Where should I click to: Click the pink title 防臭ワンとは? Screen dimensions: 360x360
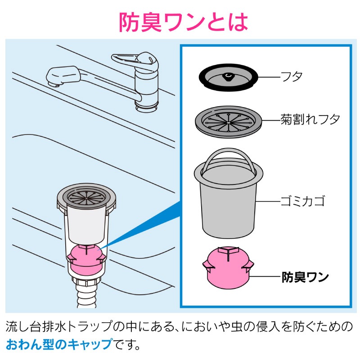click(183, 22)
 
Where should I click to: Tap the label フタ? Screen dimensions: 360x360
click(292, 76)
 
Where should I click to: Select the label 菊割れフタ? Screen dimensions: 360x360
click(310, 119)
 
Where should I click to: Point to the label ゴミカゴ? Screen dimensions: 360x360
click(303, 201)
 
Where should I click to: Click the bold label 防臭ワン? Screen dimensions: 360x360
click(305, 277)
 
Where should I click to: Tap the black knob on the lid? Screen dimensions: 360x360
click(228, 76)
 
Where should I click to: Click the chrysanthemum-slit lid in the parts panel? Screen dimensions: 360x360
click(228, 121)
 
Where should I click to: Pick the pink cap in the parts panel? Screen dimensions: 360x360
click(228, 267)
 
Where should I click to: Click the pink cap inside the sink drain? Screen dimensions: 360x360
click(86, 258)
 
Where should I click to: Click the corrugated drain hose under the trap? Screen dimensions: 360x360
click(86, 296)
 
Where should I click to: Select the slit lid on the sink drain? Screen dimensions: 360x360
click(86, 196)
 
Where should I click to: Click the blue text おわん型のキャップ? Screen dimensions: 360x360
click(59, 344)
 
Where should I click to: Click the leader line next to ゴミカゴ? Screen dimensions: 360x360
click(268, 201)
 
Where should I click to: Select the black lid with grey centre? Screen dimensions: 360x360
click(228, 77)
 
